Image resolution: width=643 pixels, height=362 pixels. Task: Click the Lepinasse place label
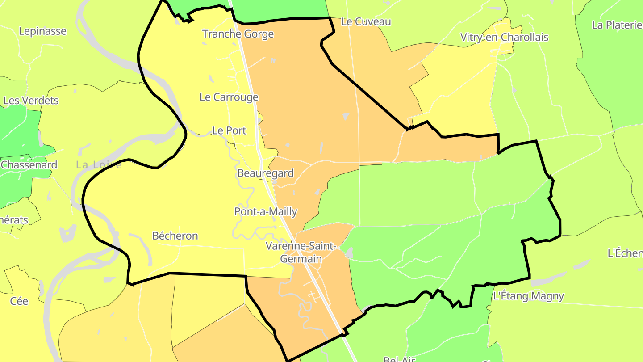tap(42, 31)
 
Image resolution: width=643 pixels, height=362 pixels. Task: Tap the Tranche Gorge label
tap(238, 34)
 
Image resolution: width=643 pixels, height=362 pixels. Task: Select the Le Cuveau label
tap(366, 21)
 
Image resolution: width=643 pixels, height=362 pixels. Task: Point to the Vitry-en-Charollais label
tap(504, 37)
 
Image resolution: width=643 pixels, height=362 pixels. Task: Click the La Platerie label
tap(617, 25)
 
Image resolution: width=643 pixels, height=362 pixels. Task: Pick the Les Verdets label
tap(31, 101)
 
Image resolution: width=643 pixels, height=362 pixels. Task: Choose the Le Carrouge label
tap(229, 97)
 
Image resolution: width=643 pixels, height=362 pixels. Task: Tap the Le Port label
tap(229, 130)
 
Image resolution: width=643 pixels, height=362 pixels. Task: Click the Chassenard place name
tap(29, 164)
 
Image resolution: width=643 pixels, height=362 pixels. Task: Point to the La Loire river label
tap(99, 165)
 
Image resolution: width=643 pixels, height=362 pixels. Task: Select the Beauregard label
tap(265, 173)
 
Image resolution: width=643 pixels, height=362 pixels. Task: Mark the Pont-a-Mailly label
tap(266, 211)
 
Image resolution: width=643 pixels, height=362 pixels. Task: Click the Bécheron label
tap(175, 236)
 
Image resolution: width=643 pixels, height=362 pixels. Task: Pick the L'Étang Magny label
tap(528, 296)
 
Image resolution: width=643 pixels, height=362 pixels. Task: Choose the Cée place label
tap(19, 301)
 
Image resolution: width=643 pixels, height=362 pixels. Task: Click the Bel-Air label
tap(400, 359)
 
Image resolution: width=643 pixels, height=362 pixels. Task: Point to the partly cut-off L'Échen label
tap(625, 253)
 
